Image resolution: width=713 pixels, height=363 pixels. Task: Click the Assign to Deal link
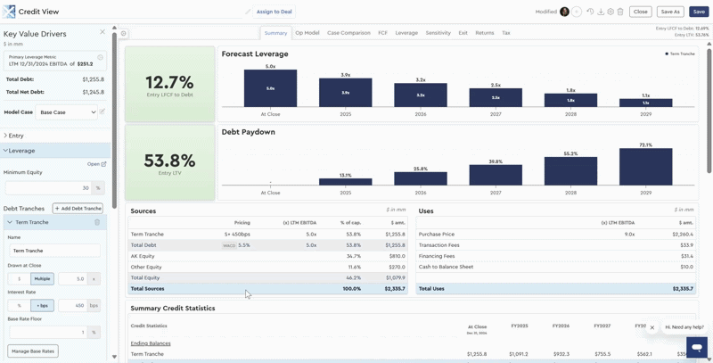274,12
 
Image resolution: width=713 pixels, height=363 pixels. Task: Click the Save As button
670,12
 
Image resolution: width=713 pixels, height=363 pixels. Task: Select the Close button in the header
640,12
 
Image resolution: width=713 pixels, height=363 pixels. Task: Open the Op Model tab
307,33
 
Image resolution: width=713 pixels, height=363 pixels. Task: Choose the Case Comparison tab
348,33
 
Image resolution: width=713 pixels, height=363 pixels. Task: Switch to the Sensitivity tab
438,33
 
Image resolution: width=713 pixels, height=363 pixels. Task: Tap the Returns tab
484,33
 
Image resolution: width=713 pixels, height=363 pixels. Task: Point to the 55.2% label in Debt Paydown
570,153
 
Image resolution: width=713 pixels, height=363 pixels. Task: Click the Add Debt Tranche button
79,208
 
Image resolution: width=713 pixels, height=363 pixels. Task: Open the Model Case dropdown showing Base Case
68,112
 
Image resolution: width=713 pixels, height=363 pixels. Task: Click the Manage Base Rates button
32,351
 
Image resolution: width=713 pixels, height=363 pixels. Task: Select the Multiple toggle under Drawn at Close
43,279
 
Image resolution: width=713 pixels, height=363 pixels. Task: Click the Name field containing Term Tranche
53,251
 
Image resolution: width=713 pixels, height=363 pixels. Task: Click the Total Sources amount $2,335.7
395,289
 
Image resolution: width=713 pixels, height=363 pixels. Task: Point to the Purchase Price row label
437,235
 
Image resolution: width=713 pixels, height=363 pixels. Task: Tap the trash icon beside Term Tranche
97,222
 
